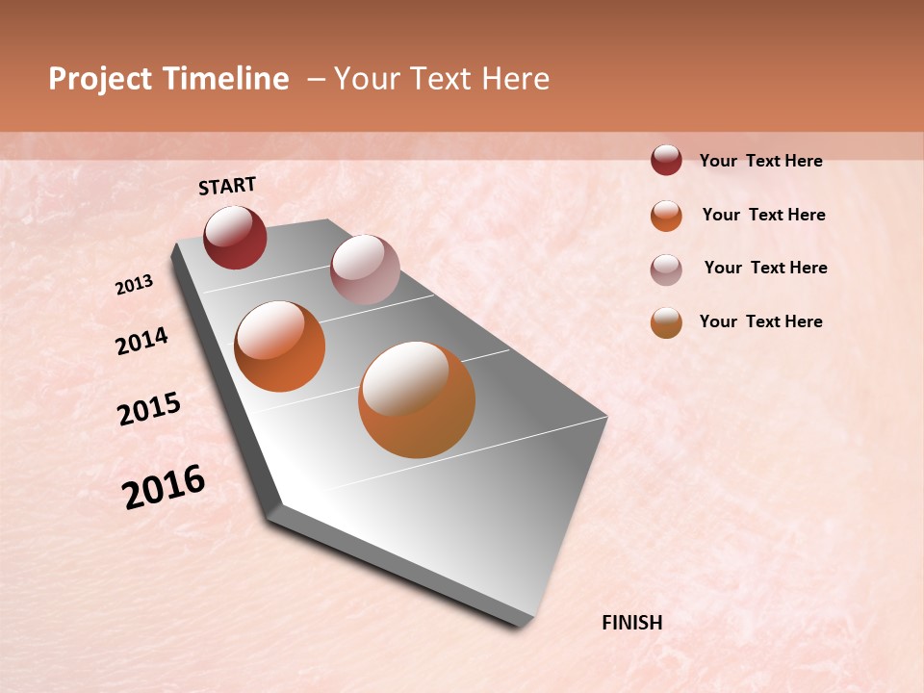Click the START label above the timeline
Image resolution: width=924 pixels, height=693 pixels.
[227, 186]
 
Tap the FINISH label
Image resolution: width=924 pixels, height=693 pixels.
[631, 623]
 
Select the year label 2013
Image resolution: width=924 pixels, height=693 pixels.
[134, 285]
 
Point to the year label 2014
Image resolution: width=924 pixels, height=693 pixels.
[141, 341]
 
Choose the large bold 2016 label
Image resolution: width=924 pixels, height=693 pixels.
[164, 487]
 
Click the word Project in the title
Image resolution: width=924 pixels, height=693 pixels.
[101, 79]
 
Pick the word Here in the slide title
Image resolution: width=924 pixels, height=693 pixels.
[515, 79]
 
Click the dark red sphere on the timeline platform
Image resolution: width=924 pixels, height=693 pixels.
[235, 237]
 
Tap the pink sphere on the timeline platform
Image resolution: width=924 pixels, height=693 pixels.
[365, 269]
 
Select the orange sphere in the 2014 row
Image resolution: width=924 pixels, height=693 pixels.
[279, 346]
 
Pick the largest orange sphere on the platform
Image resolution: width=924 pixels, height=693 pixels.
[417, 398]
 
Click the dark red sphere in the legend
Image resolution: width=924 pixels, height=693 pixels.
[666, 161]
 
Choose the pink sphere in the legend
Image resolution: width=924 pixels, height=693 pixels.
[666, 269]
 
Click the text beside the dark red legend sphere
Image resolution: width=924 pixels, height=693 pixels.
[760, 161]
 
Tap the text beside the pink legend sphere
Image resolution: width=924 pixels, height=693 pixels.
[765, 268]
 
